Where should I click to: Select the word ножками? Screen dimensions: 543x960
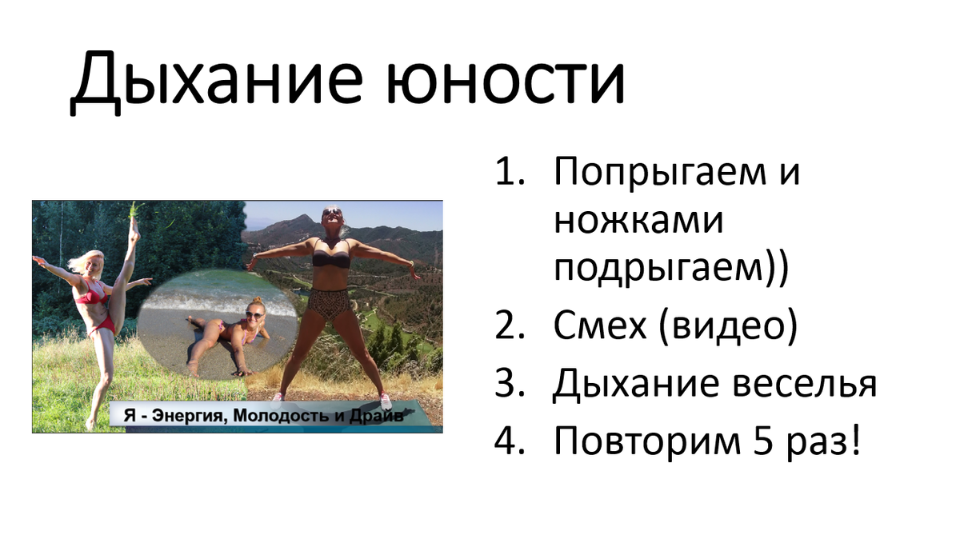(x=638, y=222)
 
